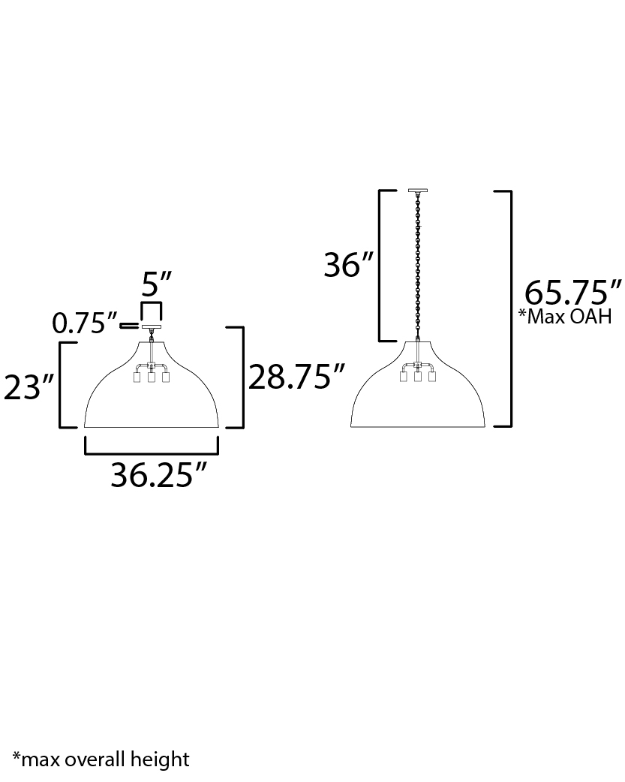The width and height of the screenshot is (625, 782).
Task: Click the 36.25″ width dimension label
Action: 158,474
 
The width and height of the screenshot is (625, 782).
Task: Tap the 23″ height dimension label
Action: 29,387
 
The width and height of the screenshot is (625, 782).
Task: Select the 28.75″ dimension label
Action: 296,377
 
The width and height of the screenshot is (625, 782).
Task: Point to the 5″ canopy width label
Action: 156,284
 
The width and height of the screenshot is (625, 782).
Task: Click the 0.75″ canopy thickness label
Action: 86,323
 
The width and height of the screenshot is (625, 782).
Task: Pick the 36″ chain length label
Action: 348,264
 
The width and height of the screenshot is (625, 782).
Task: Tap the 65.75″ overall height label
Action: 573,292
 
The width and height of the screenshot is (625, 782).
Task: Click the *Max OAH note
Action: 565,316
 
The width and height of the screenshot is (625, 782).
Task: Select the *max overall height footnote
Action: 101,759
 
